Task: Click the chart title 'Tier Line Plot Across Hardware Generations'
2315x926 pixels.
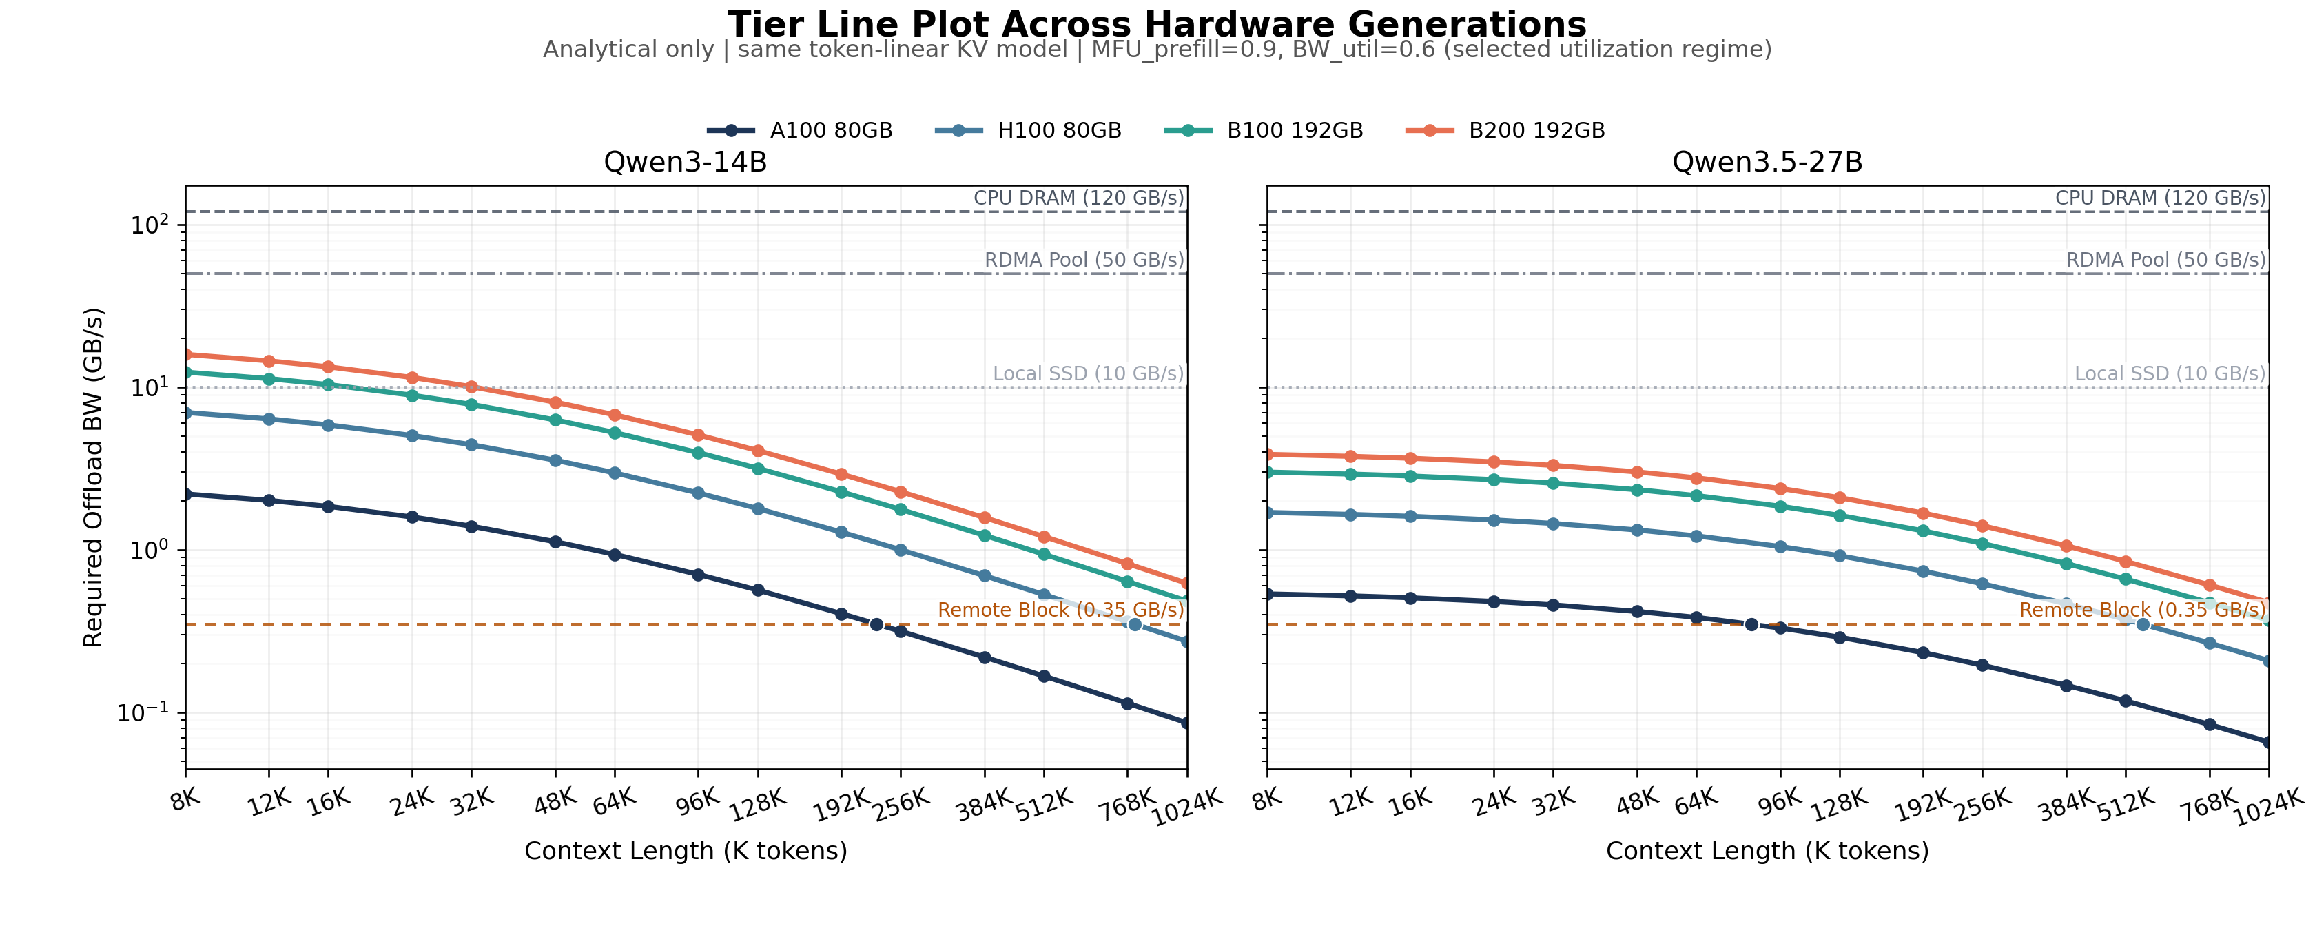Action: click(1157, 24)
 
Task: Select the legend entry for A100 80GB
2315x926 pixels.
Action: click(800, 130)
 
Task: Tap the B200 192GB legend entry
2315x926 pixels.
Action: click(1505, 130)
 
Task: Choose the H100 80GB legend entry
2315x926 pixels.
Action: click(1029, 130)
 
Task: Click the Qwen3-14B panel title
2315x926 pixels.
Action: click(685, 163)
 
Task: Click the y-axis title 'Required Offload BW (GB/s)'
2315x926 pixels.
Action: click(94, 477)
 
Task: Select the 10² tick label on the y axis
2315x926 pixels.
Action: click(150, 225)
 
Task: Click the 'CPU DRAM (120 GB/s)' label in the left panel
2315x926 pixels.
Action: click(1078, 198)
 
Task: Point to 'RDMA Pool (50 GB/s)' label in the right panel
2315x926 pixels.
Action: click(2165, 260)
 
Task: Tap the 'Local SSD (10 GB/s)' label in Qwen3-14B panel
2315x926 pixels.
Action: click(1089, 373)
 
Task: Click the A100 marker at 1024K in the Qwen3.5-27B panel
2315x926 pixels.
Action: click(2268, 743)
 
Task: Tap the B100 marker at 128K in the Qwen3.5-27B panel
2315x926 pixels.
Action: click(1840, 516)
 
